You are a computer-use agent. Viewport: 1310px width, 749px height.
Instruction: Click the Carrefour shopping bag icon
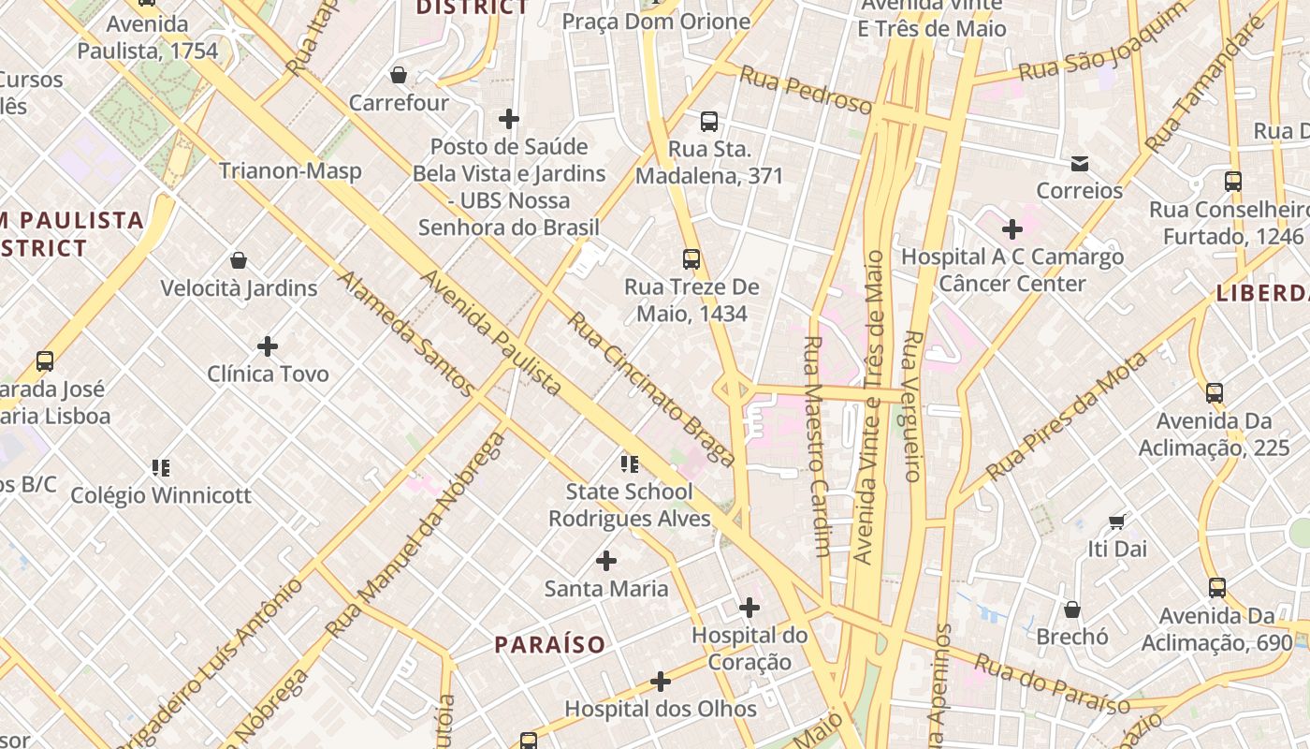(399, 75)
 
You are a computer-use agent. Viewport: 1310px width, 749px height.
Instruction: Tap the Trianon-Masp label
(290, 171)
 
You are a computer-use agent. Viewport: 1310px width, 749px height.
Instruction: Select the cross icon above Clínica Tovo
(268, 346)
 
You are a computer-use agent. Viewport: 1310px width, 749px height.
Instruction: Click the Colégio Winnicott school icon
(161, 467)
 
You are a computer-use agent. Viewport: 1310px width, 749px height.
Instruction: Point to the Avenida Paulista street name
(491, 332)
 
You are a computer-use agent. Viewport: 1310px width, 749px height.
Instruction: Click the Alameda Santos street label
(406, 331)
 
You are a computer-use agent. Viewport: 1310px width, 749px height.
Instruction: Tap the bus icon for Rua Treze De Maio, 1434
(691, 259)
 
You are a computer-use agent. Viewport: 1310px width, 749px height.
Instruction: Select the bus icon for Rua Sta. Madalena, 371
(709, 122)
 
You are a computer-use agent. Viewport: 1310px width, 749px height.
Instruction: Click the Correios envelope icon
(1080, 164)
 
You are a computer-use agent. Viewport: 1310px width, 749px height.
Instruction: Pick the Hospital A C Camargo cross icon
(1012, 229)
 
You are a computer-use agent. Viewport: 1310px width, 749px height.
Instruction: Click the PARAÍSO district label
(550, 645)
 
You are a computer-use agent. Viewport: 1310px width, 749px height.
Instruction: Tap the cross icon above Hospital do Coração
(750, 608)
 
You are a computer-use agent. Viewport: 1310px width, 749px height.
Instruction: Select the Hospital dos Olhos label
(661, 709)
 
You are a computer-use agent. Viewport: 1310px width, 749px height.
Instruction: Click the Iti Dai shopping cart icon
(1116, 521)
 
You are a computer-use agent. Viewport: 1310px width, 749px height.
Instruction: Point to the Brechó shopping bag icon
(1072, 609)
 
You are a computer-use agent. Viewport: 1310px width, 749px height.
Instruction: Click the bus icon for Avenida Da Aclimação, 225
(1215, 393)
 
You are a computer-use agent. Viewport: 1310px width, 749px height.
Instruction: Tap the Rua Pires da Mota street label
(1068, 417)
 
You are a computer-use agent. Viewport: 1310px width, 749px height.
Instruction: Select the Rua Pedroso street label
(806, 90)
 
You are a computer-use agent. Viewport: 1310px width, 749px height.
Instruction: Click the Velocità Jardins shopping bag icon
(239, 260)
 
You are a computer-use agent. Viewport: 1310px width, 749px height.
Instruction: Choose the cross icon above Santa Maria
(606, 561)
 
